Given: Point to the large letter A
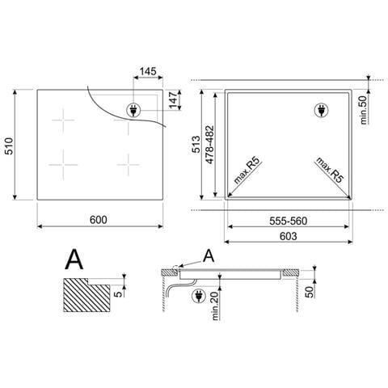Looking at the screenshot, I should tap(75, 259).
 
